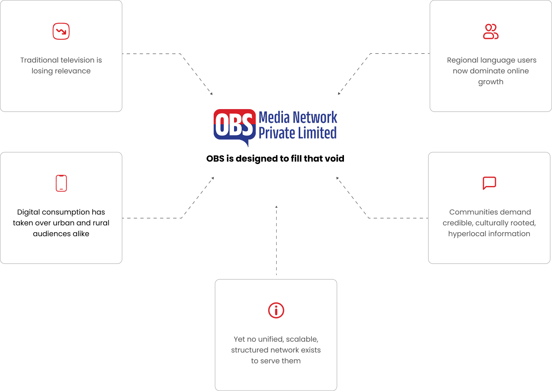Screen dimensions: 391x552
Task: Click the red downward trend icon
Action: (x=61, y=31)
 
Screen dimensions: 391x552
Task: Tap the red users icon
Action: (x=491, y=32)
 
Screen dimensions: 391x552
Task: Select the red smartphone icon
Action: (x=61, y=183)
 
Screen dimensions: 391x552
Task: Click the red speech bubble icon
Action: (x=489, y=183)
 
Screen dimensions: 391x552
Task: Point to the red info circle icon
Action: (x=276, y=310)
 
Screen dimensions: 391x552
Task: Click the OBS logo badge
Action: (x=235, y=125)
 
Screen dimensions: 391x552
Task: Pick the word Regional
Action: (x=460, y=60)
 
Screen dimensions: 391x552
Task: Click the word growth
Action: (x=491, y=82)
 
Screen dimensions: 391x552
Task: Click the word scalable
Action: (x=302, y=339)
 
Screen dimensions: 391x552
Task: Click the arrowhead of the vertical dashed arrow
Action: (x=276, y=207)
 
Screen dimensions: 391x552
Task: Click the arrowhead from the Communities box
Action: (x=338, y=178)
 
